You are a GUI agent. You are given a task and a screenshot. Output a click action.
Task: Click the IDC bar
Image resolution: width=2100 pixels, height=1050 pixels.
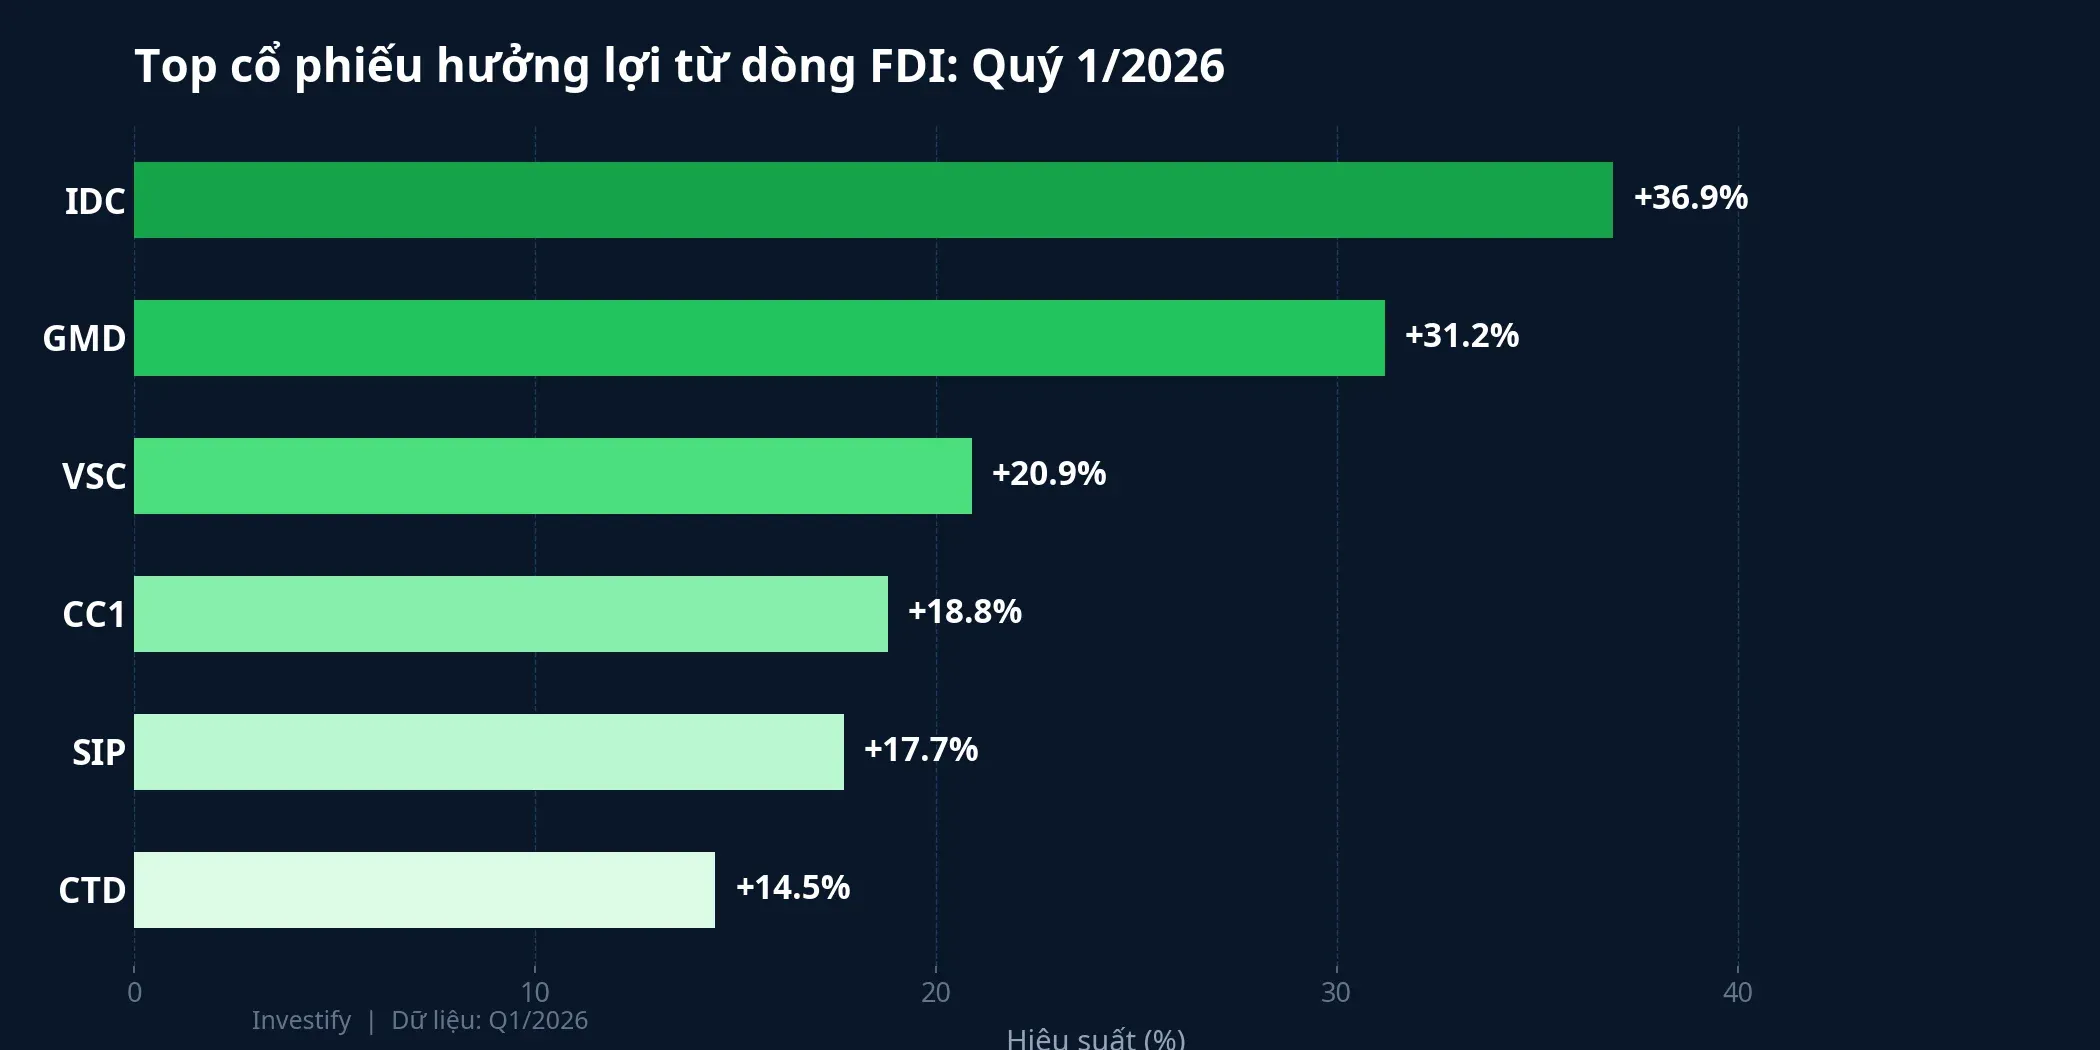873,200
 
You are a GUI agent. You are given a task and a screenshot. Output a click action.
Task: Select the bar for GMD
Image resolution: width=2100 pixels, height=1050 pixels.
759,338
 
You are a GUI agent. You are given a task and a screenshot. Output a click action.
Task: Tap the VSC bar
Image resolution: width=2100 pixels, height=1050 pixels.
553,476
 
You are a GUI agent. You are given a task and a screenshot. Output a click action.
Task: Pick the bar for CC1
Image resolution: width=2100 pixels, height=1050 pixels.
511,614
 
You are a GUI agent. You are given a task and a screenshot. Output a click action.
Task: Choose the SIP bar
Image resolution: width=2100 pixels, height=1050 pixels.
489,752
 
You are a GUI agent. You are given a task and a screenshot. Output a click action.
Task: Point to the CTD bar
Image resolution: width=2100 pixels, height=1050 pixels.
424,890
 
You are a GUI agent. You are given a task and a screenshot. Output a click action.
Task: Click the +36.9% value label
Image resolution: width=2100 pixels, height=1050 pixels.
1690,198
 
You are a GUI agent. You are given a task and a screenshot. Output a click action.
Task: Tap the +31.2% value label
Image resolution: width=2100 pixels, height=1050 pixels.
1462,336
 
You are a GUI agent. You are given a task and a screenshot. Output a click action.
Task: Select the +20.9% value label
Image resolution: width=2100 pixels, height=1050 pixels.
1049,474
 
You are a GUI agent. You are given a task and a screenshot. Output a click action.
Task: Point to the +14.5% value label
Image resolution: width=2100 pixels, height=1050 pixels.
793,888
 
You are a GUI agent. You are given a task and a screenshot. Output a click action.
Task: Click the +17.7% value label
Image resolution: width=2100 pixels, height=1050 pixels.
921,750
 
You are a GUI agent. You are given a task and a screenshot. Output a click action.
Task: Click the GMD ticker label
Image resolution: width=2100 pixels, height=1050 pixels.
84,339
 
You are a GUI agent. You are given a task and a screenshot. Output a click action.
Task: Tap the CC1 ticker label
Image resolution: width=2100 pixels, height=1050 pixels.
94,615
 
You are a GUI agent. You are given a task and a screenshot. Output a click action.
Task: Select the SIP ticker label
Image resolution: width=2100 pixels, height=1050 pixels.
99,753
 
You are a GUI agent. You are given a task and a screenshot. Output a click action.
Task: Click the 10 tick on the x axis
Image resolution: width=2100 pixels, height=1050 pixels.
535,992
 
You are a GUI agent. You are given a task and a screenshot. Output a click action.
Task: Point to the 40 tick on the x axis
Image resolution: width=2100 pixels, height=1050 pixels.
1738,992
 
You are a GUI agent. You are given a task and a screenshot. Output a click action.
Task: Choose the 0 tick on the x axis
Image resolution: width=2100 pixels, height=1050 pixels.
135,992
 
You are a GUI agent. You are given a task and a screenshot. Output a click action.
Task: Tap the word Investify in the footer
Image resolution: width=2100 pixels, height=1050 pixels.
301,1020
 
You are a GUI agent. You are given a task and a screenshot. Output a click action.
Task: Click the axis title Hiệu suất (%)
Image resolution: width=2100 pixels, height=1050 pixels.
1096,1039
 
